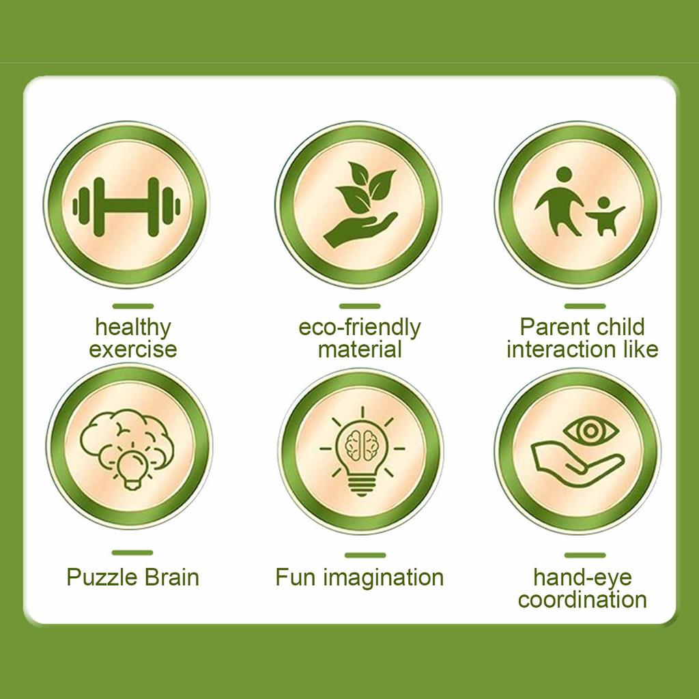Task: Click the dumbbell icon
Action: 126,206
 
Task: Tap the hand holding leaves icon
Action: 360,205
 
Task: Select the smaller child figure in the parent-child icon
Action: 605,216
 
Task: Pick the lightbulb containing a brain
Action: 362,451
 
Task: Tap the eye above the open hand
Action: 590,431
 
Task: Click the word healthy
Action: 133,328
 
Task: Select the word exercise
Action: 133,349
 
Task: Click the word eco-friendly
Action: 359,328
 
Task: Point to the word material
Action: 360,349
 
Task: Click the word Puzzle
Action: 102,577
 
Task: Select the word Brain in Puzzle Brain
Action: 171,577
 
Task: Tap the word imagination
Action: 384,577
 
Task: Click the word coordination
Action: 582,599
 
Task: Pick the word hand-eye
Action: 583,578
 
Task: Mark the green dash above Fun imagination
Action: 365,555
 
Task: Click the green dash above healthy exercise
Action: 133,306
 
